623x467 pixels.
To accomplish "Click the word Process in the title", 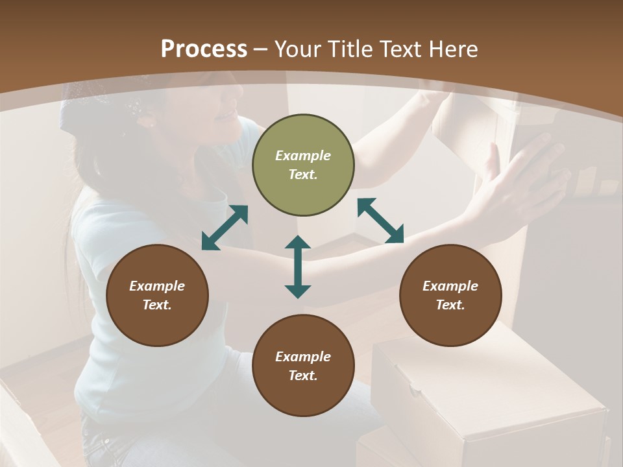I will click(x=204, y=49).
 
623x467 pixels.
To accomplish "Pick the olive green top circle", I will click(x=303, y=165).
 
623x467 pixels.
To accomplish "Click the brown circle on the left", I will click(x=157, y=296).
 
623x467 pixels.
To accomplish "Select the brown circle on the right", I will click(x=450, y=296).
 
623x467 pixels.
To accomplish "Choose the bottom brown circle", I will click(x=303, y=366).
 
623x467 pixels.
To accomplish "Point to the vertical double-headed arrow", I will click(x=298, y=267).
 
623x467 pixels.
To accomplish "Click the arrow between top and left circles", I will click(x=225, y=228).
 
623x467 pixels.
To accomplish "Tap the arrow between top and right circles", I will click(x=380, y=221).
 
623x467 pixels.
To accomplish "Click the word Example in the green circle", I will click(x=303, y=156).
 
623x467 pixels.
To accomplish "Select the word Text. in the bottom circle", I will click(x=303, y=376).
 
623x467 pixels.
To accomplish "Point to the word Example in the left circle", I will click(x=157, y=286).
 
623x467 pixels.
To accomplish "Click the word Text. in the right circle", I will click(x=450, y=305).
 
